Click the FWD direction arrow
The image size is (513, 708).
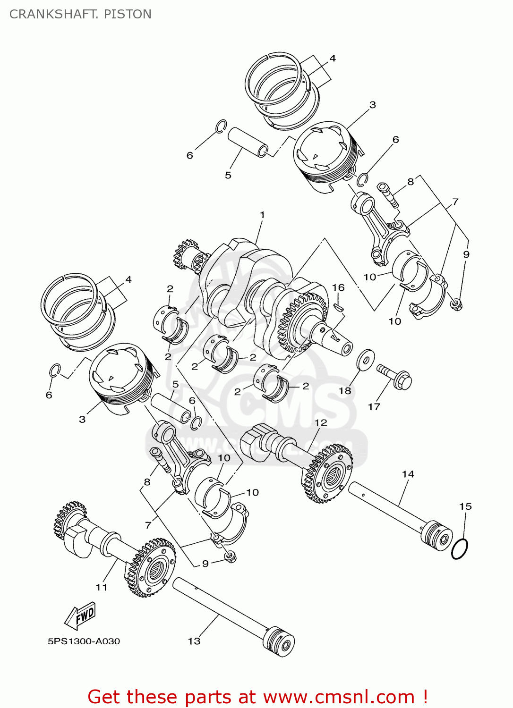point(81,615)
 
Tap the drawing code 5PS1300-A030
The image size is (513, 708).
point(84,641)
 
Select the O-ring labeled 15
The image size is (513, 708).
point(459,549)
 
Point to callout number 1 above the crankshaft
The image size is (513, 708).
point(262,215)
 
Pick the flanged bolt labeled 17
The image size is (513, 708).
point(395,377)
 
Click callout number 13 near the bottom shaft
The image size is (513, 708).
point(194,641)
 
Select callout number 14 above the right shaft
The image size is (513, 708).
point(408,474)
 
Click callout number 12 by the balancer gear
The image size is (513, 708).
point(321,423)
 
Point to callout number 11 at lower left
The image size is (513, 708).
point(102,587)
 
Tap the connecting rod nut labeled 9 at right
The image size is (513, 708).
point(456,304)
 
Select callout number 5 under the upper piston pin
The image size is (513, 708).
point(228,175)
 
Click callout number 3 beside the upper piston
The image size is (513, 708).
point(373,105)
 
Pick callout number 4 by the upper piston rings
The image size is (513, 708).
point(333,58)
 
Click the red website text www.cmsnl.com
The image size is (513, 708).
point(338,697)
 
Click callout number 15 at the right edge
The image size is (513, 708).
point(465,506)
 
